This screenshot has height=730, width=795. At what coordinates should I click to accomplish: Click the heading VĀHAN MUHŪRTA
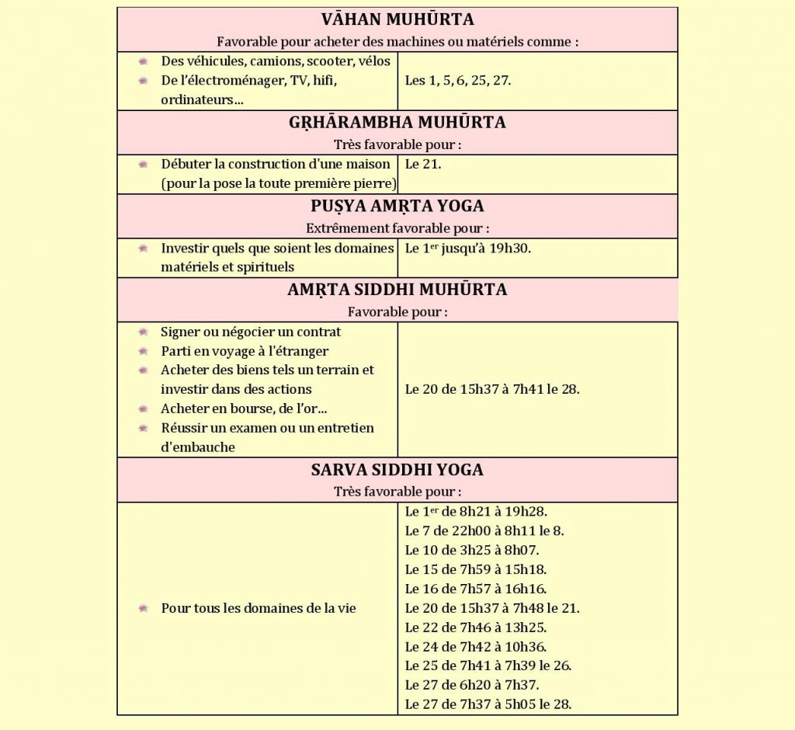coord(397,19)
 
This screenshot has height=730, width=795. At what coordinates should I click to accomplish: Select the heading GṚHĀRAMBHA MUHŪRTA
coord(397,123)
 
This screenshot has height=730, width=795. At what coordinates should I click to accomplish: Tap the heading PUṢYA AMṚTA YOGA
coord(397,207)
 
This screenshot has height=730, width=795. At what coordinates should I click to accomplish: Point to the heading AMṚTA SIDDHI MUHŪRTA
coord(397,290)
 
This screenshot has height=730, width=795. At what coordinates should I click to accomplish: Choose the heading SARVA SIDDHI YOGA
coord(397,471)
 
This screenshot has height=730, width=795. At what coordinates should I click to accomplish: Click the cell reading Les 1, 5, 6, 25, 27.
coord(458,80)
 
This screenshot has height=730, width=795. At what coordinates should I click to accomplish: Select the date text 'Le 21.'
coord(423,165)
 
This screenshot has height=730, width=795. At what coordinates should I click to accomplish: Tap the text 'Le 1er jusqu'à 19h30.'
coord(468,249)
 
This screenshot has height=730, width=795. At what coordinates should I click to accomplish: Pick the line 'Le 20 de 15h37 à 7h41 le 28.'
coord(492,389)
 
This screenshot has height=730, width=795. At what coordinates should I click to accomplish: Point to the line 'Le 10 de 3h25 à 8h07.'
coord(472,551)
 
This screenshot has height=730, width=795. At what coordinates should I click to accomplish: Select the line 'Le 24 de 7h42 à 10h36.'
coord(476,647)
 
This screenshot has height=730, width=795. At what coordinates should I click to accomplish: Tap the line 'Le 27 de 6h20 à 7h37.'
coord(472,685)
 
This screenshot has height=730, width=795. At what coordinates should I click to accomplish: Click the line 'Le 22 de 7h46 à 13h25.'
coord(476,627)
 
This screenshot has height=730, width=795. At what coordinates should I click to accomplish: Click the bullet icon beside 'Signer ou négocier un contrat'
coord(143,332)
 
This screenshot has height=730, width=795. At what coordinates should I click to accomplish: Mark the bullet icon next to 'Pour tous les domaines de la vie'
coord(143,608)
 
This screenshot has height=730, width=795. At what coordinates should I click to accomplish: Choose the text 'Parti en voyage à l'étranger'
coord(245,351)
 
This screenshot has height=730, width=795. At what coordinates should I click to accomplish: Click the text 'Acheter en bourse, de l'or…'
coord(241,408)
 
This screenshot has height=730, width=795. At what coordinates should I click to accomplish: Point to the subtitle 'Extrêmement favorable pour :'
coord(397,228)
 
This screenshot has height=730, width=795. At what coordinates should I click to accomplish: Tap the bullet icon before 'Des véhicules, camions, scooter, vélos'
coord(143,61)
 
